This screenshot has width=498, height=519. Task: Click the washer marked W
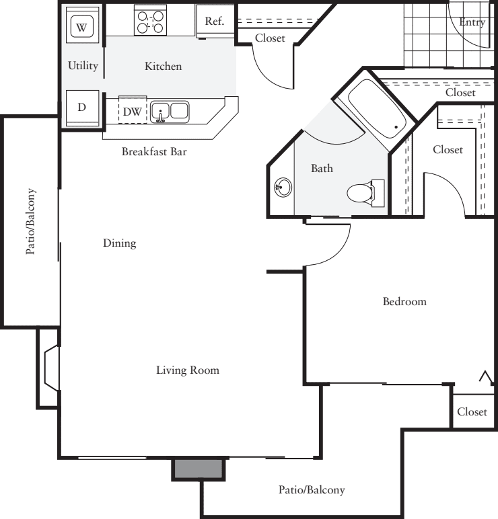tap(82, 28)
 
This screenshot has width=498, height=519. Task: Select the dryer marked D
tap(81, 108)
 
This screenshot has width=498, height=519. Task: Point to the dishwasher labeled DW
tap(132, 112)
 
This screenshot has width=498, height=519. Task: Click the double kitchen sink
tap(169, 111)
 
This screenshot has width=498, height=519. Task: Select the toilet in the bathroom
tap(364, 194)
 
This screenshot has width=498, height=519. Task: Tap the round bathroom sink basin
tap(283, 188)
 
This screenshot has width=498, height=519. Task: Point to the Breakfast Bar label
tap(153, 152)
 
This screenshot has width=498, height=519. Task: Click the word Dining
tap(120, 243)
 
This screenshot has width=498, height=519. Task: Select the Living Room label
tap(188, 370)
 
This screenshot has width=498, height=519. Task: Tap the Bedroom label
tap(404, 302)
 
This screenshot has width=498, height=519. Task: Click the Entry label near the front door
tap(471, 22)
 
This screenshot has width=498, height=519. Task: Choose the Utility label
tap(83, 66)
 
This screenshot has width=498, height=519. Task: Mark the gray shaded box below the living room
tap(199, 469)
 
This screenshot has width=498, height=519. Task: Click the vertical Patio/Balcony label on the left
tap(31, 221)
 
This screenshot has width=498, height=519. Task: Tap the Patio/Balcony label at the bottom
tap(312, 489)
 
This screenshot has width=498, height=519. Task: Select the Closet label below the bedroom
tap(472, 411)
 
